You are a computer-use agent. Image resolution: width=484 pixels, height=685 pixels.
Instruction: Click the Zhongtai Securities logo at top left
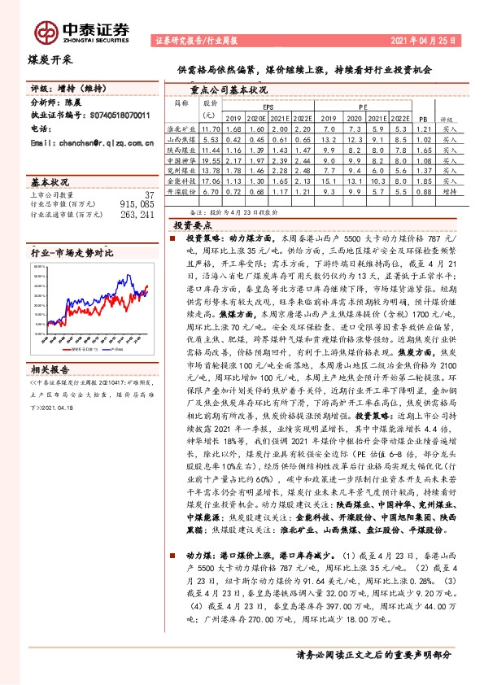click(84, 29)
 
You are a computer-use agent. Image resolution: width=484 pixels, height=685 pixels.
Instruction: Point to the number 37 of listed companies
click(148, 195)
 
